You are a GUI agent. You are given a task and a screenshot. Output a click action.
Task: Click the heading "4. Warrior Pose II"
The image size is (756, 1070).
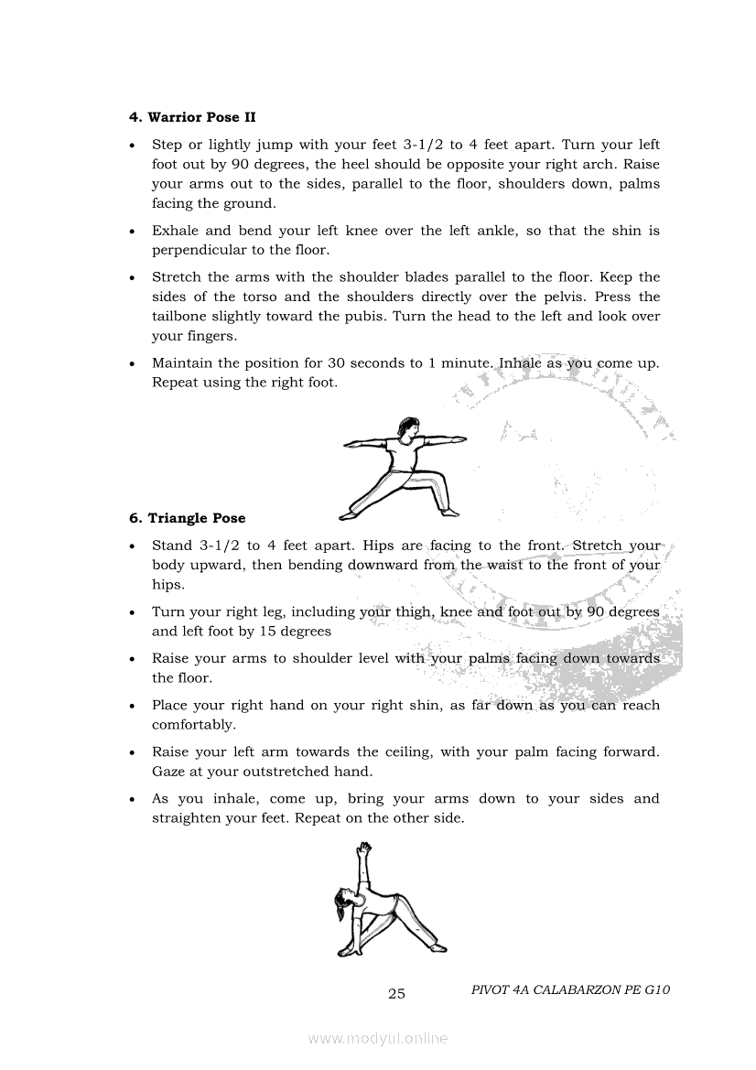point(192,117)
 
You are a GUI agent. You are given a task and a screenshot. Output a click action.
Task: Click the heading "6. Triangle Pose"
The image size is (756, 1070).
point(187,518)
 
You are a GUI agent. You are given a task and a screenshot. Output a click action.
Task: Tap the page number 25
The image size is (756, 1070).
point(396,994)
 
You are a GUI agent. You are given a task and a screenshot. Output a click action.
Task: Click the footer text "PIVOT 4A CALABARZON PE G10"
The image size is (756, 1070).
point(571,989)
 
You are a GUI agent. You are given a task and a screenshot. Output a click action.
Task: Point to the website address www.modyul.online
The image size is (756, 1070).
point(378,1038)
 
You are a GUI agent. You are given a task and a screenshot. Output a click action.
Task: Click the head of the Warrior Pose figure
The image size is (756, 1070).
point(406,427)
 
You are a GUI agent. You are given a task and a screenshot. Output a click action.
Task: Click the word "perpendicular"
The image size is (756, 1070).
point(198,250)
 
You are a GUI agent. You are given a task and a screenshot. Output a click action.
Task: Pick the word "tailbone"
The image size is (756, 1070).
point(181,316)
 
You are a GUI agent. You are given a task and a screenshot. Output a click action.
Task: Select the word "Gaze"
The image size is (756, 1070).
point(169,772)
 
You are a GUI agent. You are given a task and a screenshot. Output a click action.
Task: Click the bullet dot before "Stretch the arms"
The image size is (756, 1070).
point(134,277)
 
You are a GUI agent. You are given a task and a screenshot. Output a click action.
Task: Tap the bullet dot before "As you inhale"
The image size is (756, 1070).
point(134,799)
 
